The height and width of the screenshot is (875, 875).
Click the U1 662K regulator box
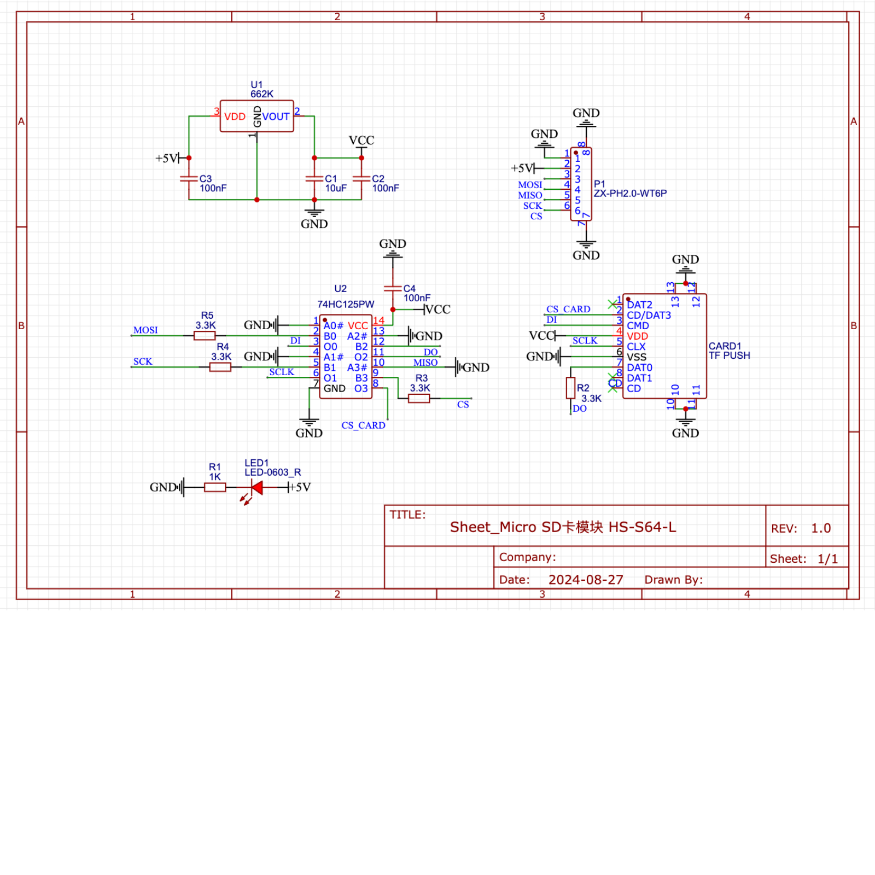pos(256,116)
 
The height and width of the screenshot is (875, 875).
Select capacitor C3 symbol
pos(189,178)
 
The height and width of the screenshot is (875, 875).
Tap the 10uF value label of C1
pos(336,188)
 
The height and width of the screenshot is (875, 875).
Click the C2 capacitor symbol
pos(361,178)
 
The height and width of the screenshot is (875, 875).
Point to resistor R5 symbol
pos(204,335)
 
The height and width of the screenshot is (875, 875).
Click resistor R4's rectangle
pos(220,367)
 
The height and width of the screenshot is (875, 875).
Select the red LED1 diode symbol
pos(256,487)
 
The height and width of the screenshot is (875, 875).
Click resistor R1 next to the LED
pos(215,487)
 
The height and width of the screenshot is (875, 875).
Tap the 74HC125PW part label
pos(346,305)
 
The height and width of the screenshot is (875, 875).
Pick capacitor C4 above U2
pos(393,288)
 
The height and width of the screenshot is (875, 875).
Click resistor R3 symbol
pos(419,399)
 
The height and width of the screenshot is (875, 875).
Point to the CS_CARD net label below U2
pos(363,425)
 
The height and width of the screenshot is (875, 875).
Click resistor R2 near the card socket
pos(570,388)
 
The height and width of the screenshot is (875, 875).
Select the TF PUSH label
pos(729,355)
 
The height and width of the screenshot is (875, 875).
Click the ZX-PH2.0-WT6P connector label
pos(630,193)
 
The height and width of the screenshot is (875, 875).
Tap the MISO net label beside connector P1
pos(530,195)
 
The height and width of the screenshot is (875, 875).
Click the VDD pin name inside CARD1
pos(637,336)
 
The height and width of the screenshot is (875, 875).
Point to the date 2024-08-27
pos(586,580)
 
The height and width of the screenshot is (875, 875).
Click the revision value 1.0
pos(820,528)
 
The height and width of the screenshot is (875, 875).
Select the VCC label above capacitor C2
pos(361,141)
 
